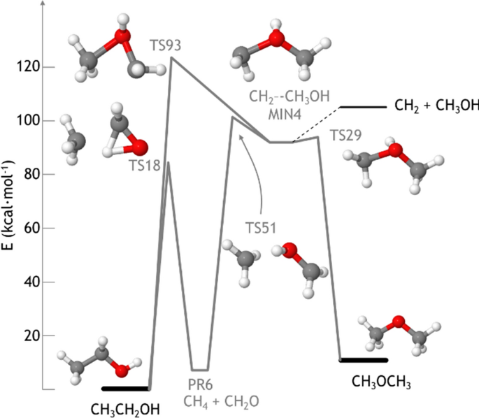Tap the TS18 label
coord(144,165)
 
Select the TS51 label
coord(259,227)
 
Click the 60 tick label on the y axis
coord(29,229)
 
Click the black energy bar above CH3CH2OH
coord(126,388)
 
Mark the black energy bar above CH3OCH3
coord(363,360)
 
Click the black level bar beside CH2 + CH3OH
coord(363,107)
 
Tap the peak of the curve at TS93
coord(172,58)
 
